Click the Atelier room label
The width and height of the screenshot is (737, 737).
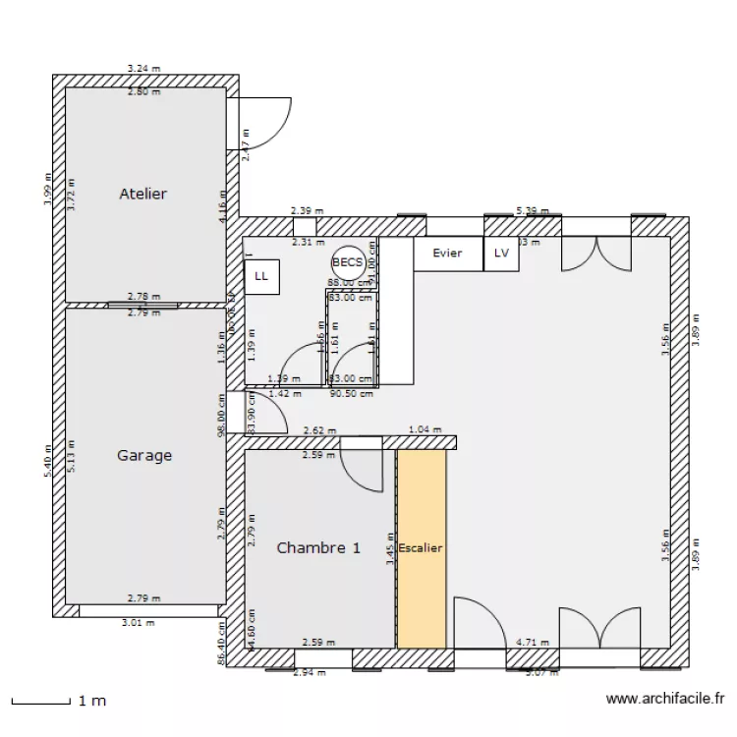[x=142, y=194]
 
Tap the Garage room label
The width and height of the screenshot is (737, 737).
[x=144, y=455]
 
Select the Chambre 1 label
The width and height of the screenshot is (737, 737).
[x=317, y=548]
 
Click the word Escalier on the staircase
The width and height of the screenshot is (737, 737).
[x=421, y=547]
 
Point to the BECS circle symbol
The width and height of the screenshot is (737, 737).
[x=348, y=262]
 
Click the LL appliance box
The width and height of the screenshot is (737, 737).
[x=261, y=276]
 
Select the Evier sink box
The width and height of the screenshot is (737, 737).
[x=447, y=254]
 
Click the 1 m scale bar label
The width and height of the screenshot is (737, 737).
[x=91, y=701]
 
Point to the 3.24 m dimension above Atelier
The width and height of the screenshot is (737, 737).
[x=143, y=69]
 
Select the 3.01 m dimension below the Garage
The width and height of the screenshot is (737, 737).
[x=138, y=622]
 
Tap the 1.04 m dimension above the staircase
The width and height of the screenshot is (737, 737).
[x=425, y=429]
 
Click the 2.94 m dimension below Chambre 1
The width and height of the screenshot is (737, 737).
[x=310, y=672]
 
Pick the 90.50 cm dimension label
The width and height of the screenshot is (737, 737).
[x=352, y=394]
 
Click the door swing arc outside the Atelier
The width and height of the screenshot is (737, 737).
[x=263, y=122]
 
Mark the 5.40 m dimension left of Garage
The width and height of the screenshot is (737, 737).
[x=46, y=460]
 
